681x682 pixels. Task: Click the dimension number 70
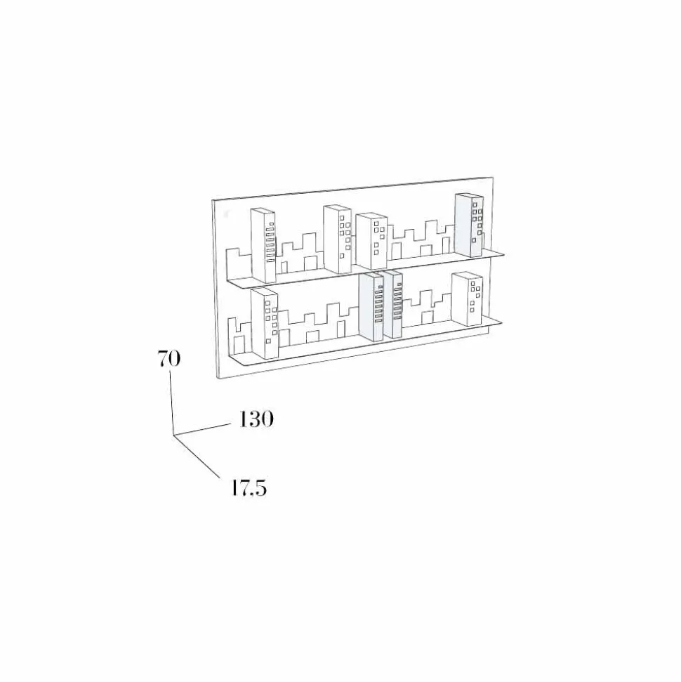(x=168, y=360)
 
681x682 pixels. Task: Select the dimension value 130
(x=256, y=419)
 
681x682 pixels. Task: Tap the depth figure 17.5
(x=248, y=488)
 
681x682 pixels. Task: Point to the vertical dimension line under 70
(x=171, y=402)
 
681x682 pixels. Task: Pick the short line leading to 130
(x=201, y=428)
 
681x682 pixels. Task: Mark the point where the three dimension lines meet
(x=173, y=435)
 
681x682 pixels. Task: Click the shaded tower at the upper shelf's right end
(x=469, y=225)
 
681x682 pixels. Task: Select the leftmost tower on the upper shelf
(x=263, y=245)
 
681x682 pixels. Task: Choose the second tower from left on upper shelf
(x=338, y=240)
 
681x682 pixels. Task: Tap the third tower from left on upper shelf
(x=371, y=241)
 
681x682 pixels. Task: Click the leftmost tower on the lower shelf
(x=265, y=323)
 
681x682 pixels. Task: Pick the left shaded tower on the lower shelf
(x=371, y=307)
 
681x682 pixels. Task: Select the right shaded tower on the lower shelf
(x=393, y=304)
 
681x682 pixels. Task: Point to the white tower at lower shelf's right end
(x=467, y=299)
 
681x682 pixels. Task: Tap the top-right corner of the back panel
(x=493, y=177)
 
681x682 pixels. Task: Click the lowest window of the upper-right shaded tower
(x=474, y=240)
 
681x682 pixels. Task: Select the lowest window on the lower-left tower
(x=268, y=341)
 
